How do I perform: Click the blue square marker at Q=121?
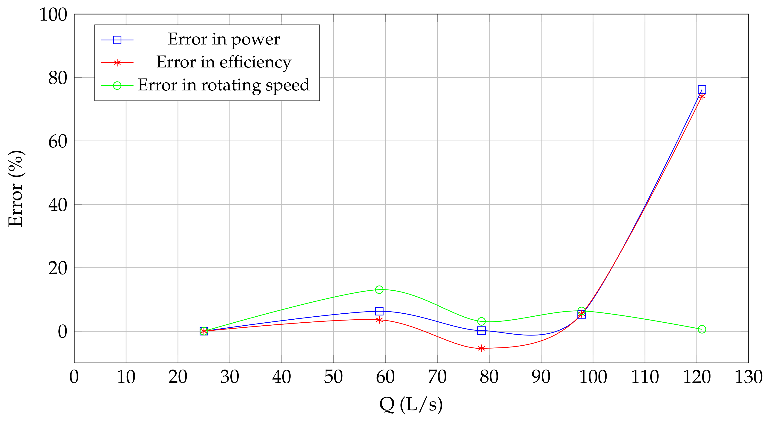point(702,90)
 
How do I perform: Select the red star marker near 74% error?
point(702,96)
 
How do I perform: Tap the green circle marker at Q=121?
point(702,329)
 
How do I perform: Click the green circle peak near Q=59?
point(379,289)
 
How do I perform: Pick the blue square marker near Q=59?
point(379,311)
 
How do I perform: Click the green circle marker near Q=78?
point(481,321)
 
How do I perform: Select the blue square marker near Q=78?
point(481,330)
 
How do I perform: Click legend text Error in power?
point(224,39)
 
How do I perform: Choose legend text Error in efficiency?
point(224,62)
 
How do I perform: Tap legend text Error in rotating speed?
point(224,85)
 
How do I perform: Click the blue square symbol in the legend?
point(117,40)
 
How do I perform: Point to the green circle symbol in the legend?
point(117,86)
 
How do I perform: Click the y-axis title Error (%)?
point(15,189)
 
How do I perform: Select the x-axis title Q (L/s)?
point(411,405)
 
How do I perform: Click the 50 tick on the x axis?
point(333,377)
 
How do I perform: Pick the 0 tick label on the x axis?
point(74,377)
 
